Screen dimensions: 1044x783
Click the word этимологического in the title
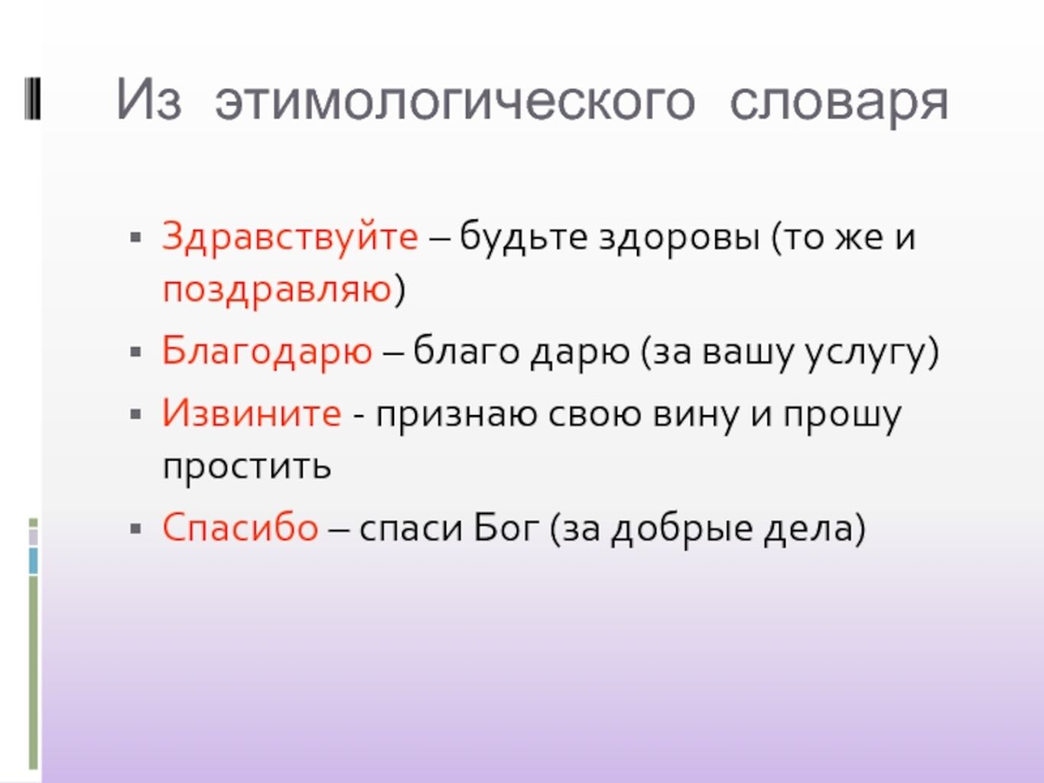click(455, 101)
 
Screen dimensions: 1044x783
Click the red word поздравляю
click(277, 290)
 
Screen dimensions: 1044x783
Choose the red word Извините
click(252, 413)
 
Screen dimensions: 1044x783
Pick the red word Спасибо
click(240, 528)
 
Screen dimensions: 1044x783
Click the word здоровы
click(678, 238)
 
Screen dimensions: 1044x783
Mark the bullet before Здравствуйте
click(135, 237)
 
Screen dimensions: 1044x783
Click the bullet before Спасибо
click(135, 528)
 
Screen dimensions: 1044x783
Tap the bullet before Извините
click(135, 414)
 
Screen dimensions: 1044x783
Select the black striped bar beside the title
click(32, 99)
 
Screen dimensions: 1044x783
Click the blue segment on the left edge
click(34, 561)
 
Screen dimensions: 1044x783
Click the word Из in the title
click(148, 101)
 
